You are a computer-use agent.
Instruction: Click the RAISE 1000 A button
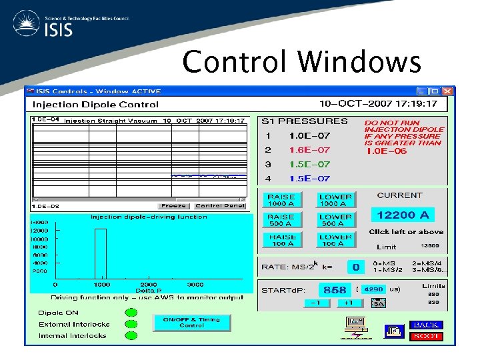281,200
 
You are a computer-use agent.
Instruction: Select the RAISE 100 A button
281,240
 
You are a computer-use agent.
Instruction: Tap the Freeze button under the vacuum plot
173,206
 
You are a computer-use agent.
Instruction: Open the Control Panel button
220,206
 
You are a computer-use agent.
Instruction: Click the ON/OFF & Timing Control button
191,323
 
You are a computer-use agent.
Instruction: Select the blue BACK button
426,325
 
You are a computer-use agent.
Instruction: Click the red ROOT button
426,336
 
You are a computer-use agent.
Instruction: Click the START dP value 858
334,290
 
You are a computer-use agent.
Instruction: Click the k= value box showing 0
356,267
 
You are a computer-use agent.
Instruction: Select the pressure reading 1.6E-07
309,150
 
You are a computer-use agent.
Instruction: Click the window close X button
447,91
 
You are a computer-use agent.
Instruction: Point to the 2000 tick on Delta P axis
148,284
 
